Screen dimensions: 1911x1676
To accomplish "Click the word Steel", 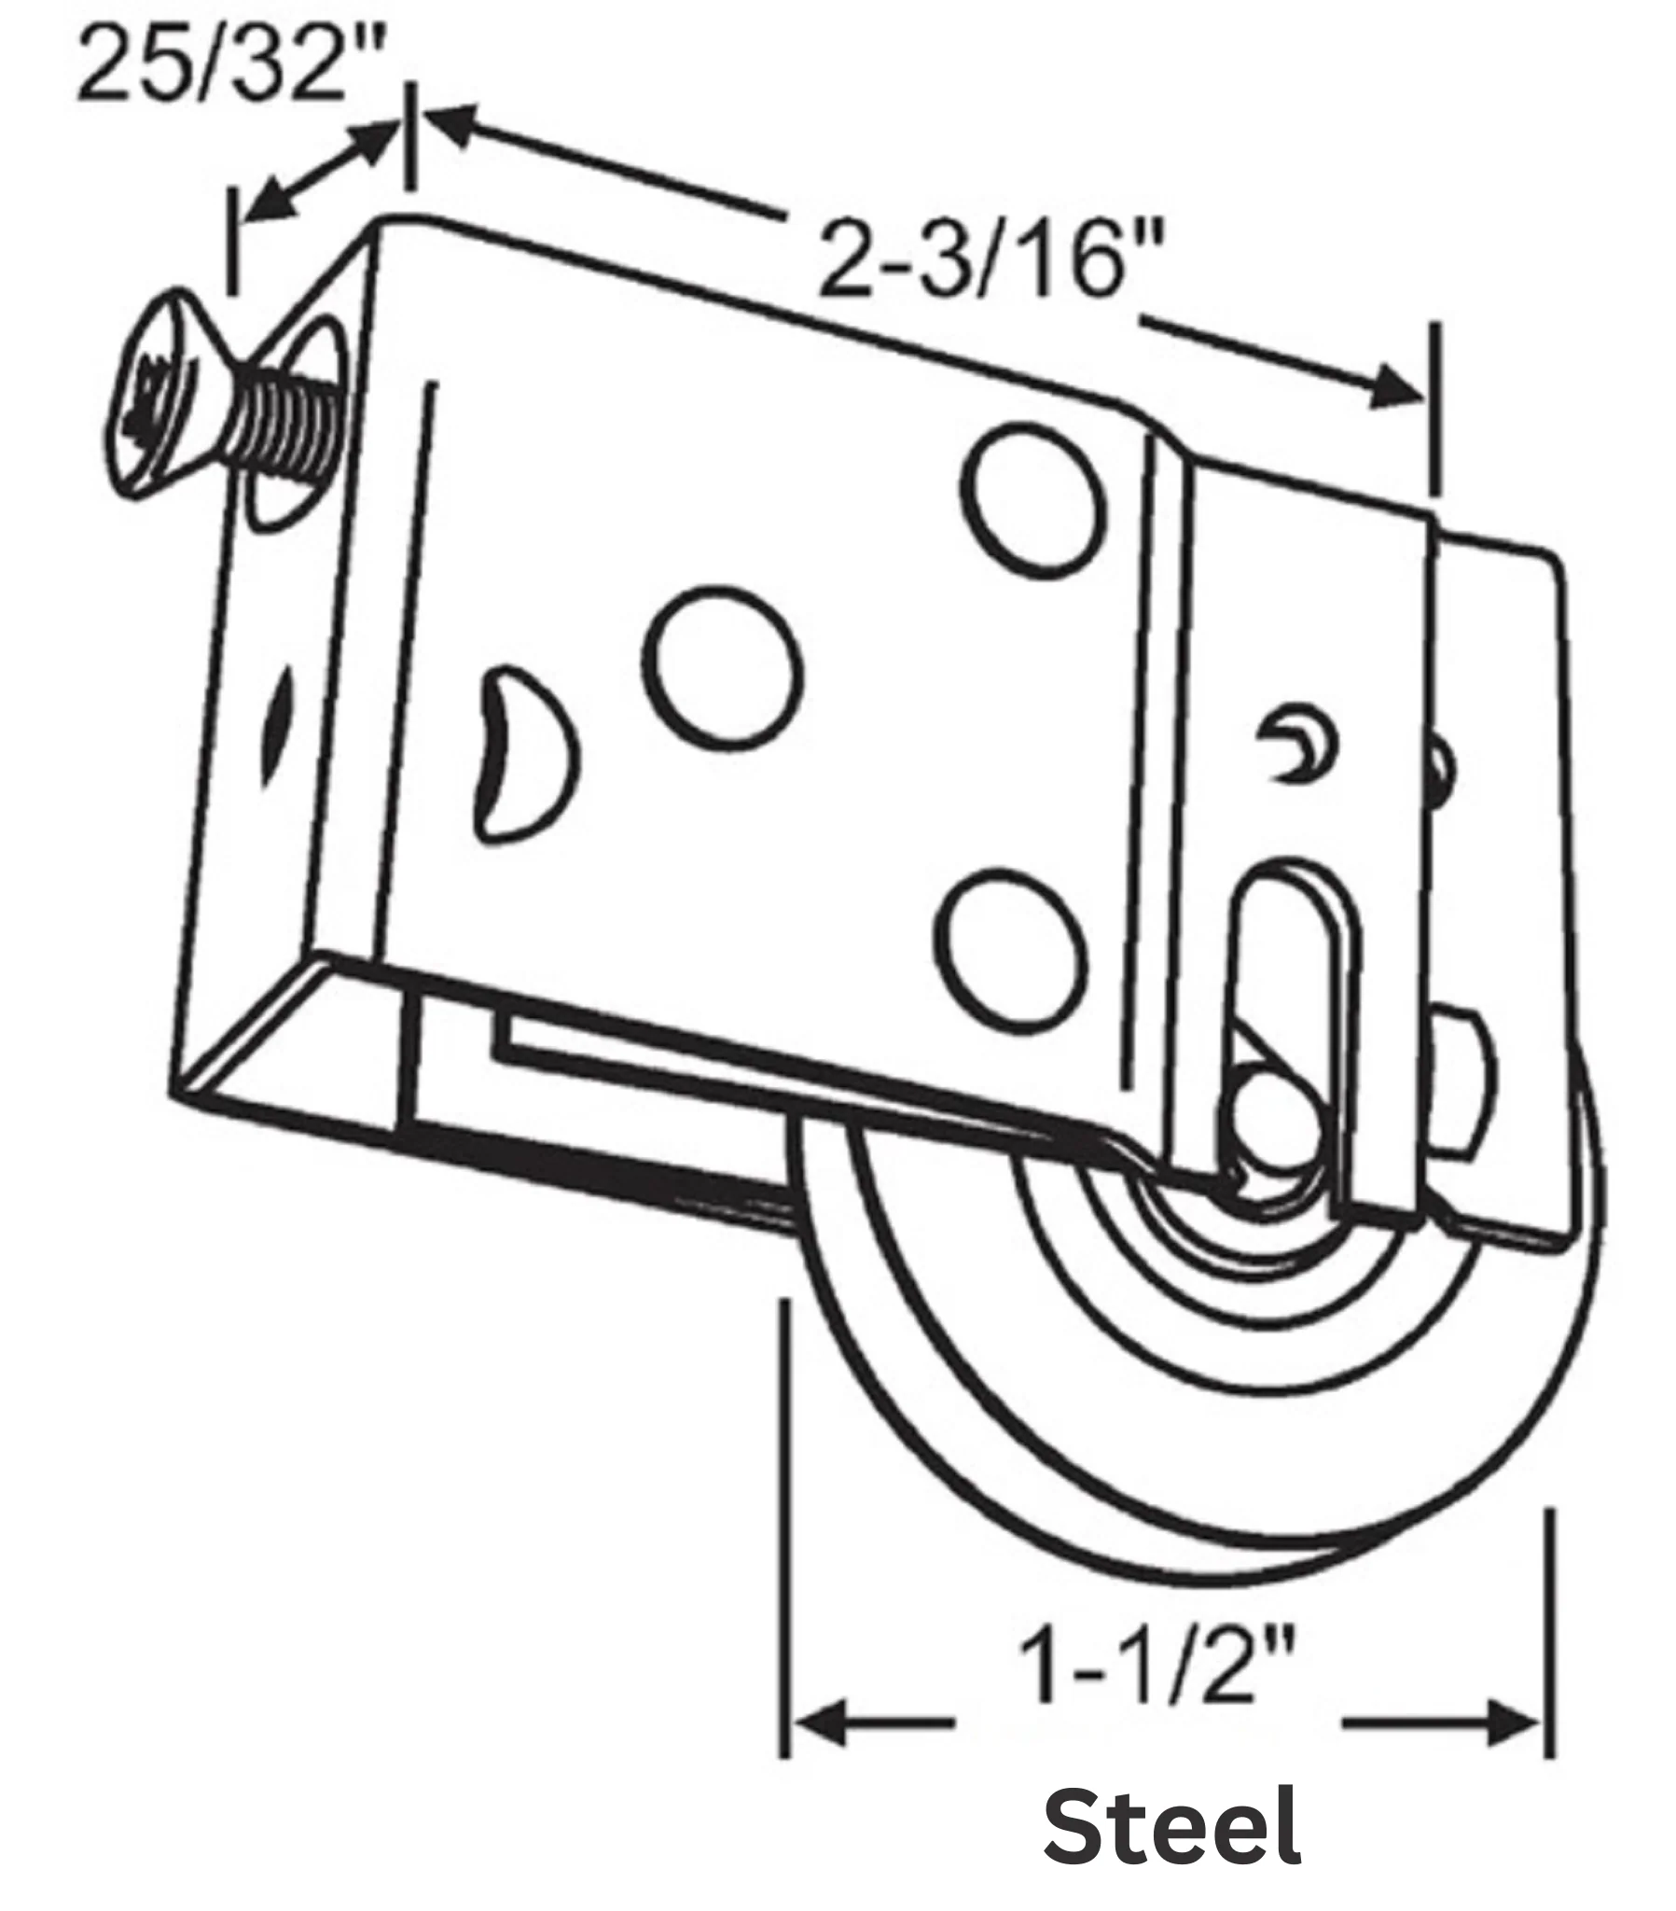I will coord(1171,1825).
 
